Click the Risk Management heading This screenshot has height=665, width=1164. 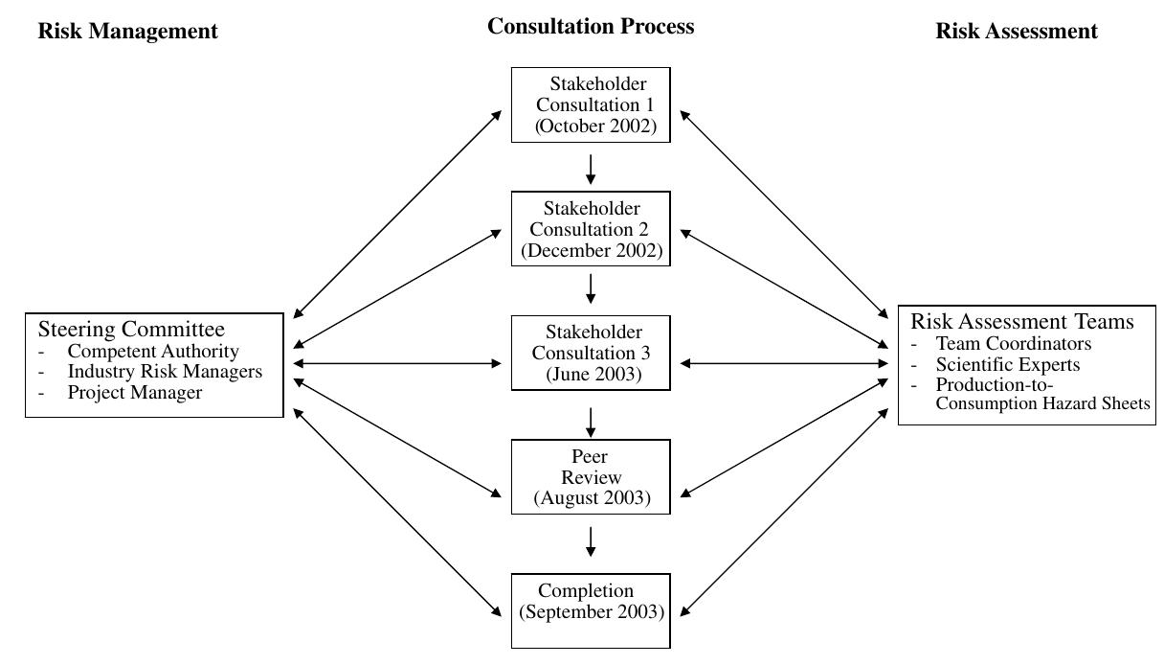(x=127, y=31)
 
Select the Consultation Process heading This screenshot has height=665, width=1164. (x=590, y=26)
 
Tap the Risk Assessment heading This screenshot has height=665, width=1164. (x=1016, y=31)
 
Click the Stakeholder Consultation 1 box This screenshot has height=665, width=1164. (x=591, y=104)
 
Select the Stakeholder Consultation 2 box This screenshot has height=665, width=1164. (x=591, y=229)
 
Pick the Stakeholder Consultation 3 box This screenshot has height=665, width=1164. (x=591, y=353)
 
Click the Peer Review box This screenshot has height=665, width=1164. (x=591, y=477)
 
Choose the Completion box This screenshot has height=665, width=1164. (x=591, y=610)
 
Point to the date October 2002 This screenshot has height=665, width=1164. (x=596, y=126)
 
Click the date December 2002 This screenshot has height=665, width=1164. (x=592, y=251)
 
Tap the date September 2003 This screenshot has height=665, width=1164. (x=592, y=612)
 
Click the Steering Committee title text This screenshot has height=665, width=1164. (x=131, y=330)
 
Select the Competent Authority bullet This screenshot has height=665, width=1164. (x=152, y=351)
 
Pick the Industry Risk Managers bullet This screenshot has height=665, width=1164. (x=164, y=372)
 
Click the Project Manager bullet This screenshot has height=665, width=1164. (x=134, y=393)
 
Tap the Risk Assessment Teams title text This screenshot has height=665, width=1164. (x=1021, y=321)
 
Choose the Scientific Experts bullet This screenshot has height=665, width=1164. (x=1007, y=364)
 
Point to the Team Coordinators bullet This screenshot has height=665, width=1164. (x=1013, y=343)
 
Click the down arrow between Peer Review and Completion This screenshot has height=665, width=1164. (x=591, y=540)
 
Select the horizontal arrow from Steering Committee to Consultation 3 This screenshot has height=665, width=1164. (x=397, y=363)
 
